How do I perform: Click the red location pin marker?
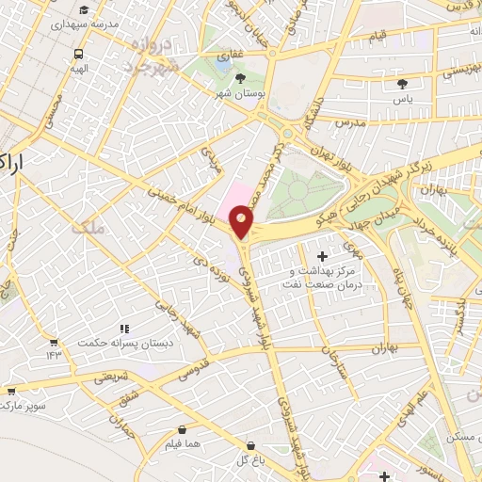[242, 223]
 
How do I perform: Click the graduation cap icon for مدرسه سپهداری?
[84, 8]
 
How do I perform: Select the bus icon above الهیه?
[78, 54]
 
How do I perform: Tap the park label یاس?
[402, 99]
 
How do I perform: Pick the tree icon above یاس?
[402, 84]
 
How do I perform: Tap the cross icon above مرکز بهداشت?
[322, 256]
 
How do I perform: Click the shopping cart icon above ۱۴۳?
[53, 342]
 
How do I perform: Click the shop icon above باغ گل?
[250, 445]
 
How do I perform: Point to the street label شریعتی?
[110, 378]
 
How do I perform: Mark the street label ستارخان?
[336, 363]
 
